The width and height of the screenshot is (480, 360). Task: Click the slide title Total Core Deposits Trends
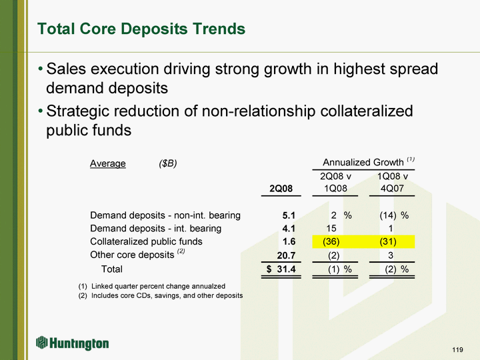141,29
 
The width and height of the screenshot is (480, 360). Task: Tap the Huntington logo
73,343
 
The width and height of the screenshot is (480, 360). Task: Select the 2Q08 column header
281,189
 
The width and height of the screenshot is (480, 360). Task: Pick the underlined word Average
108,163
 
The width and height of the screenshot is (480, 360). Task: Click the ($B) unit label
167,163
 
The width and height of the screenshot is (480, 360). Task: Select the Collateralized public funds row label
146,241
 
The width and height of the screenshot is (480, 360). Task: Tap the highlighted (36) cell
333,241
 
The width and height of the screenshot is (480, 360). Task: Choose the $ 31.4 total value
281,269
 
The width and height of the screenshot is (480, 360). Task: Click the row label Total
111,269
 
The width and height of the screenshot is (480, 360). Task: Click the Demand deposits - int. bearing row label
155,229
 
